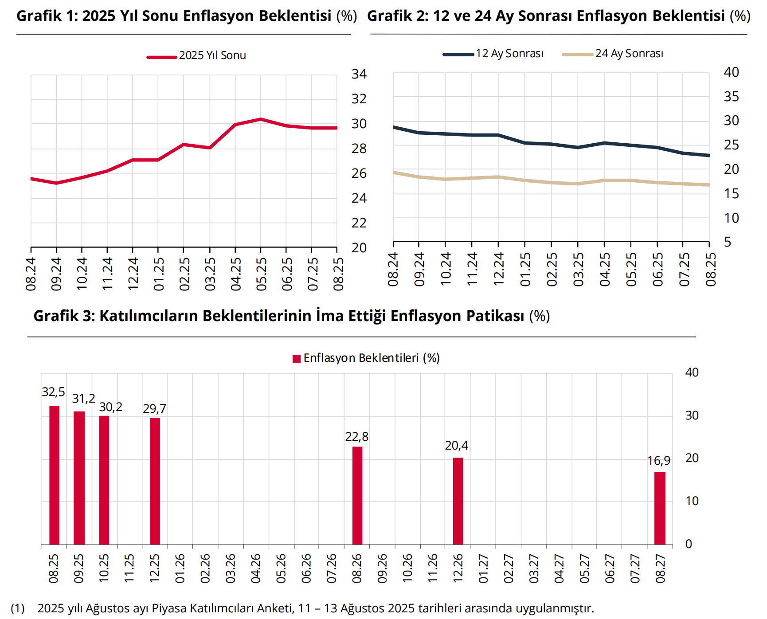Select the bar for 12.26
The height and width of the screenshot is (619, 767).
pos(458,501)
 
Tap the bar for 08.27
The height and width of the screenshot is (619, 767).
pos(660,508)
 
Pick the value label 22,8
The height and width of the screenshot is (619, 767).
pos(356,437)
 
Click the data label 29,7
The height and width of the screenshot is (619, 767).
pos(154,408)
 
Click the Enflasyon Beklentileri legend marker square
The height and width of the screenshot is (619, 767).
pos(297,359)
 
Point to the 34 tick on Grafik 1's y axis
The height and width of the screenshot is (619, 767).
pos(359,74)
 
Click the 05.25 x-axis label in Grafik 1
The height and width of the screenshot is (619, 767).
pos(261,274)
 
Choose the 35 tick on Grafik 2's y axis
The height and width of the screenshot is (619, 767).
pos(731,97)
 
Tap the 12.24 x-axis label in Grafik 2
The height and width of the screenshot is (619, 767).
pos(498,269)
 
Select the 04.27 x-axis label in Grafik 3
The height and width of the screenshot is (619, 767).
pos(559,568)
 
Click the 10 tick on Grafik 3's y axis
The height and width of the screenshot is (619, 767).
pos(692,501)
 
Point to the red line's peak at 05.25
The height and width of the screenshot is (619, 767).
pos(261,119)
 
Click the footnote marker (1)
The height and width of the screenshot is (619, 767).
pos(18,608)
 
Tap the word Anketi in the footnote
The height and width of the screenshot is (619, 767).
pos(274,608)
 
